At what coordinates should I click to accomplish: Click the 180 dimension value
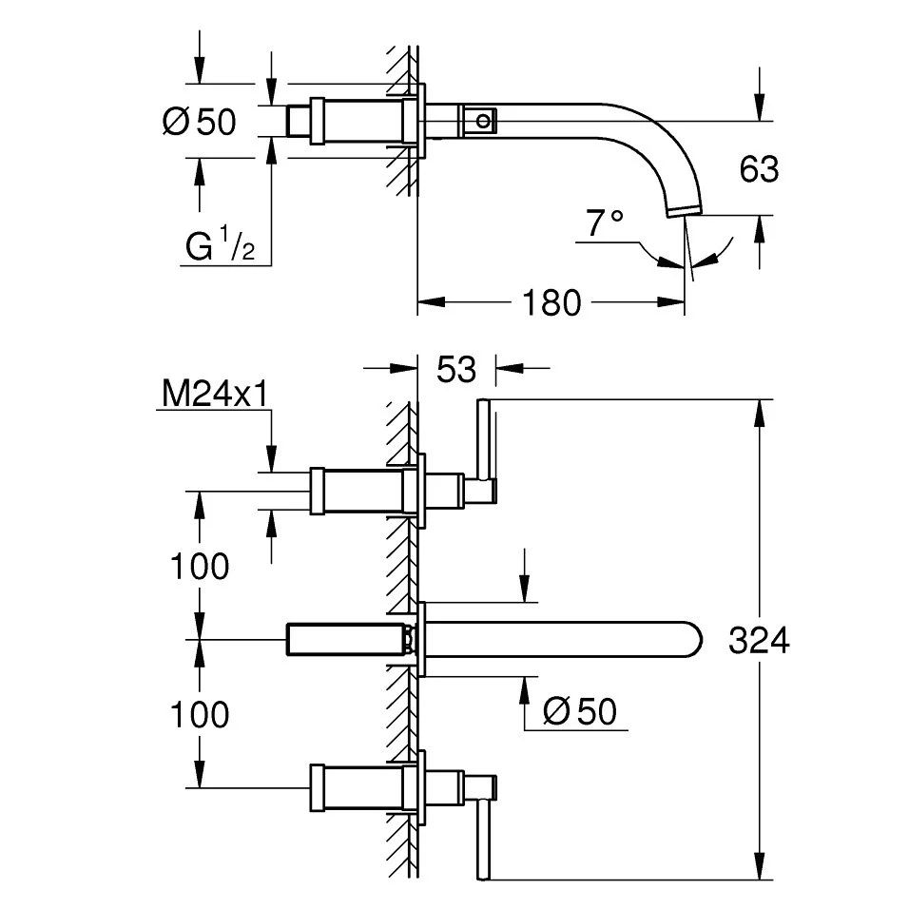[x=551, y=302]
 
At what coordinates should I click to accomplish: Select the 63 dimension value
[x=759, y=169]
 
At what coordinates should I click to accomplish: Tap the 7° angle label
[x=605, y=223]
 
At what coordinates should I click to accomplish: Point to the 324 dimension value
[x=759, y=641]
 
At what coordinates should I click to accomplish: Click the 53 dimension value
[x=456, y=369]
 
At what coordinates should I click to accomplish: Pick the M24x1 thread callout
[x=215, y=395]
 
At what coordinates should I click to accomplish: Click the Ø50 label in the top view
[x=200, y=122]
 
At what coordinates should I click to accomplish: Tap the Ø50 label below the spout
[x=580, y=710]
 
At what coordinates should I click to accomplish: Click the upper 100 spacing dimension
[x=200, y=567]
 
